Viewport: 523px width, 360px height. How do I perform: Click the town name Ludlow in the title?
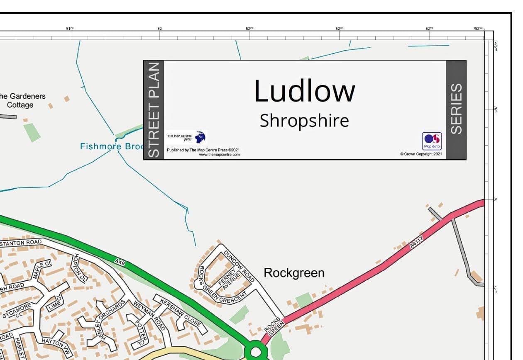coord(304,91)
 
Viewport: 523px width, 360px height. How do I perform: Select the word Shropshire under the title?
coord(304,121)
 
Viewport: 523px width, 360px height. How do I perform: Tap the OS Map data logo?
coord(432,141)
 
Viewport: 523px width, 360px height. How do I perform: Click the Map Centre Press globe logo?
coord(200,137)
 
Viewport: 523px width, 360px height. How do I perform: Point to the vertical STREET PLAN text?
coord(154,110)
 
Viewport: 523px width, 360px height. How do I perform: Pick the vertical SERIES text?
coord(456,109)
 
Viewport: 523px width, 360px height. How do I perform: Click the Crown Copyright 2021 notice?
coord(421,154)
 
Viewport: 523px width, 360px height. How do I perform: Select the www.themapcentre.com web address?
coord(219,154)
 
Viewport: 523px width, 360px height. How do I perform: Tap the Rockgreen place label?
coord(294,273)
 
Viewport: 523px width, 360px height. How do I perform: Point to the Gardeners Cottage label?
coord(21,100)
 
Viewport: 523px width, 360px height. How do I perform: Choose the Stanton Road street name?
coord(21,242)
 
